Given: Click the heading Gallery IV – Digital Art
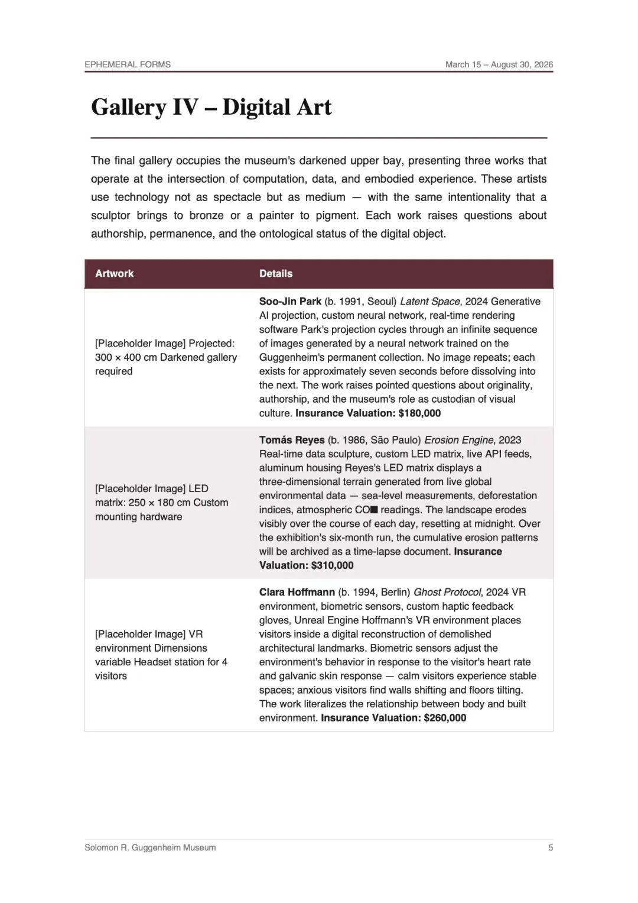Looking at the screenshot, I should tap(211, 107).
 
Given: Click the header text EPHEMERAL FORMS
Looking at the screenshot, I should tap(128, 64).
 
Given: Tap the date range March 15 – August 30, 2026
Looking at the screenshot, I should tap(499, 64).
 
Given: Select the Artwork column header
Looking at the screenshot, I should tap(115, 273).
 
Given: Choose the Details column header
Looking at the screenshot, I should tap(276, 273).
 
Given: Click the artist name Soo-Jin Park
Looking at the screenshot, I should tap(290, 301).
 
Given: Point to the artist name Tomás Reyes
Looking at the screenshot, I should tap(292, 440).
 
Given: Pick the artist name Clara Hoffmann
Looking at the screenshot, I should tap(297, 592).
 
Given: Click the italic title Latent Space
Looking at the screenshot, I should tap(429, 301).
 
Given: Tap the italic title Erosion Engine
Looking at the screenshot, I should tap(458, 440).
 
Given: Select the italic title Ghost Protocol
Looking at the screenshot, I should tap(447, 592).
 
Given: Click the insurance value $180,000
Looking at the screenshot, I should tap(419, 413).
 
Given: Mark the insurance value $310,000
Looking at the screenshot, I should tap(332, 565).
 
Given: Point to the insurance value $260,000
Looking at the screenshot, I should tap(445, 717).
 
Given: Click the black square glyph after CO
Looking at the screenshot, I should tap(374, 510).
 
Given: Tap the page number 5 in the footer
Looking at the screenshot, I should tap(551, 847).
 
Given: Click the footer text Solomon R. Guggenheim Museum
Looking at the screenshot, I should tap(150, 847).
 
